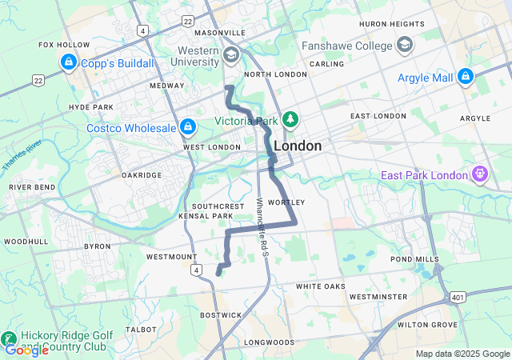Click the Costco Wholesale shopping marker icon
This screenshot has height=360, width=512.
189,126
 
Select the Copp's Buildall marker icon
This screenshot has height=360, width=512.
68,62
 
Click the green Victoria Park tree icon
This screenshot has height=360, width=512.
290,121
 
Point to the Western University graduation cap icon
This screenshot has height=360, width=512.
232,55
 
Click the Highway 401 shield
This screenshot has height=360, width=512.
457,296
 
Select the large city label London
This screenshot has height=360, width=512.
298,146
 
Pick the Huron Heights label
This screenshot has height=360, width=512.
391,25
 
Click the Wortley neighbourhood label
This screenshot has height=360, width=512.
286,202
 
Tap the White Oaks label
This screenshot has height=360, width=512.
320,286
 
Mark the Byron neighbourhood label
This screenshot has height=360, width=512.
98,247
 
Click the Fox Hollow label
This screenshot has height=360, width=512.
63,45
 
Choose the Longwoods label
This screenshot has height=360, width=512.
270,342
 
